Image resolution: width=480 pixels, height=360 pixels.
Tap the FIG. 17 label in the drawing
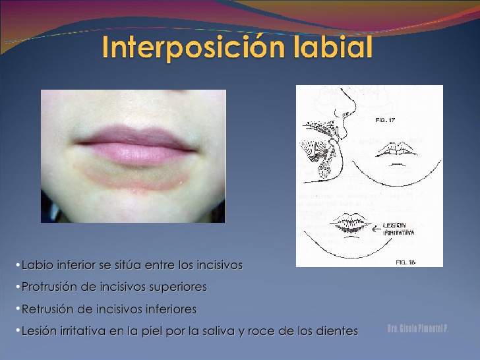[x=384, y=121]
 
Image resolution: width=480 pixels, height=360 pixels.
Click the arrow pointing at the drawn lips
[x=374, y=228]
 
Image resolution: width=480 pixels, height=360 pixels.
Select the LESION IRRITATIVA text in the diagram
[x=398, y=229]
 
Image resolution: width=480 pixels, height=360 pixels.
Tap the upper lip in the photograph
[x=135, y=135]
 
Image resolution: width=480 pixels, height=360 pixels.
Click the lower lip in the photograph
[x=136, y=154]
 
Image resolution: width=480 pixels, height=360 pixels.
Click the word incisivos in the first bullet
[x=218, y=265]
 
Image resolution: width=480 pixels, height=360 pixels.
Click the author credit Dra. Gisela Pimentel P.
[x=418, y=328]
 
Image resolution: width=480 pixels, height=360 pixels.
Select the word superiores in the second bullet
[x=179, y=287]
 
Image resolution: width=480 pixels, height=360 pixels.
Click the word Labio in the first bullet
[x=37, y=265]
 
